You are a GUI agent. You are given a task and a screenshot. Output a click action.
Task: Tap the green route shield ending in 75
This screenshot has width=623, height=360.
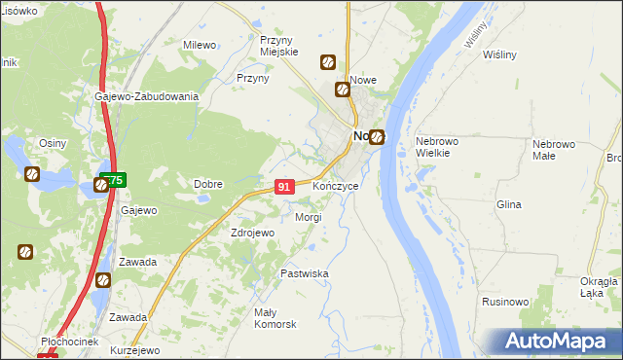point(112,181)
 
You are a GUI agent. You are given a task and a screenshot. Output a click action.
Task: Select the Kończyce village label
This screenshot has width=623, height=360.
point(336,186)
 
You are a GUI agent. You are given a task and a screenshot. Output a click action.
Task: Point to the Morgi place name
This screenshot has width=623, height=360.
point(309,217)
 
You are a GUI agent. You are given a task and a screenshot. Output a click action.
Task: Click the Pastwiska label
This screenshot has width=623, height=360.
point(305,274)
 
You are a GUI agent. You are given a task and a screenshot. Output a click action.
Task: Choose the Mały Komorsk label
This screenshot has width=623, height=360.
point(275,318)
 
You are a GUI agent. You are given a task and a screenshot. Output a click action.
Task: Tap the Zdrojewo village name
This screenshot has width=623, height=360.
point(253,234)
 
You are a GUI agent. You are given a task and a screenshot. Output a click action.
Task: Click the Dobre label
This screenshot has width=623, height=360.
point(208,184)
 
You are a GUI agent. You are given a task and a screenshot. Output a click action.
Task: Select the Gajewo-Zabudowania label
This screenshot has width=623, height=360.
point(147,96)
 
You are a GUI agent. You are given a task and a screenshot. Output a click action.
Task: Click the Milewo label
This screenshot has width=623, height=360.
point(200,45)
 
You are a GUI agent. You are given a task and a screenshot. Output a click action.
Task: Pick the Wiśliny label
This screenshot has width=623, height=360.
point(499,54)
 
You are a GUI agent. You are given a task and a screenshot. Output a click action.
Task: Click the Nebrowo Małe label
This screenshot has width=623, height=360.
point(555,150)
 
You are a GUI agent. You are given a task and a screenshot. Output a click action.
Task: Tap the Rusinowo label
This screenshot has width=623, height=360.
point(505,303)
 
